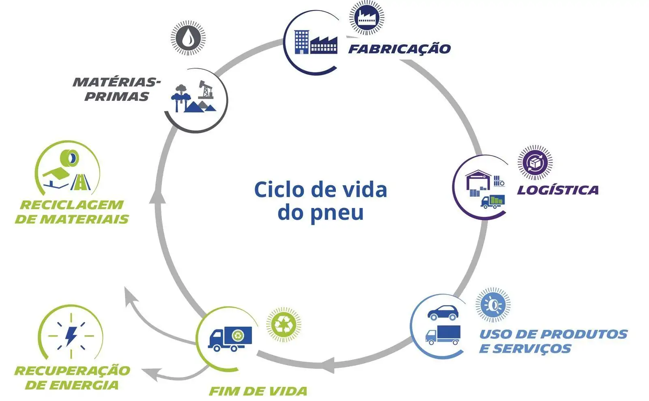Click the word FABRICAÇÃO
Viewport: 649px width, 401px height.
click(400, 49)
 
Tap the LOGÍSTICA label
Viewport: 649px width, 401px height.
click(557, 190)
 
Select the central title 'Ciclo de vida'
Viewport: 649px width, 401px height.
click(320, 190)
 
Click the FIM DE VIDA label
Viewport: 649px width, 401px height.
click(258, 391)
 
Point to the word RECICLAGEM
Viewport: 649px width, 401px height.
click(71, 205)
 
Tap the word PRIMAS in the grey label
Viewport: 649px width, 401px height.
click(116, 97)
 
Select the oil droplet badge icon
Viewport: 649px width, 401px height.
click(188, 38)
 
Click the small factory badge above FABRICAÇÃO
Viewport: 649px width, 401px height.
click(367, 17)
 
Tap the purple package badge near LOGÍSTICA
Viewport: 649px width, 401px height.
click(535, 163)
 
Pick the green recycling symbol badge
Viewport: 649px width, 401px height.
click(284, 324)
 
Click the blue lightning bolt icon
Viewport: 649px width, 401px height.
click(71, 336)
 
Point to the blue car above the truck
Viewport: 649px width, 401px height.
click(443, 312)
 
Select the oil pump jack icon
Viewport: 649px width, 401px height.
click(206, 90)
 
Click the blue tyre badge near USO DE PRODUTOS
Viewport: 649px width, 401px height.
click(492, 305)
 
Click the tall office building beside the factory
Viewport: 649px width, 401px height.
click(301, 42)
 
